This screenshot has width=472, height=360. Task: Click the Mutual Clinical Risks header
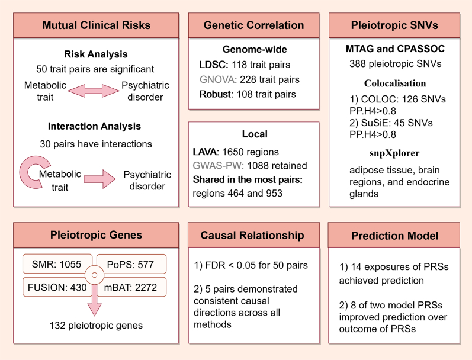pos(96,25)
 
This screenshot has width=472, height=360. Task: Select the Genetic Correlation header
pos(253,25)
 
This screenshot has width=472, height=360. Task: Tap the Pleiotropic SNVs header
pos(394,25)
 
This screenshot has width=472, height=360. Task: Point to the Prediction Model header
pos(394,236)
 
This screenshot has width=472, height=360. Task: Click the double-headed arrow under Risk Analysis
pos(94,91)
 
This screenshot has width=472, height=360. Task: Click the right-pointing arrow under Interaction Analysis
pos(99,179)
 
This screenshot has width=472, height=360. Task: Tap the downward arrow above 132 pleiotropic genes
pos(95,301)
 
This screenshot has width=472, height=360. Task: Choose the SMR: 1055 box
pos(57,264)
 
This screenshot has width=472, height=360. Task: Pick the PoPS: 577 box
pos(131,264)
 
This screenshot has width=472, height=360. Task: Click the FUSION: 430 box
pos(57,287)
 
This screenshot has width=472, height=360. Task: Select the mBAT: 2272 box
pos(131,287)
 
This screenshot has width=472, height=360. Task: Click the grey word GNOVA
pos(217,79)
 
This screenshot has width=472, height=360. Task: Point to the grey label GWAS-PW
pos(218,166)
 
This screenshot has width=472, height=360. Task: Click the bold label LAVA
pos(206,152)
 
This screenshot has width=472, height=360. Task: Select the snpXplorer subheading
pos(394,153)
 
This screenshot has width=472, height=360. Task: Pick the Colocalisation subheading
pos(395,83)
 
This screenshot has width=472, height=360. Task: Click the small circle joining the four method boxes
pos(95,275)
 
